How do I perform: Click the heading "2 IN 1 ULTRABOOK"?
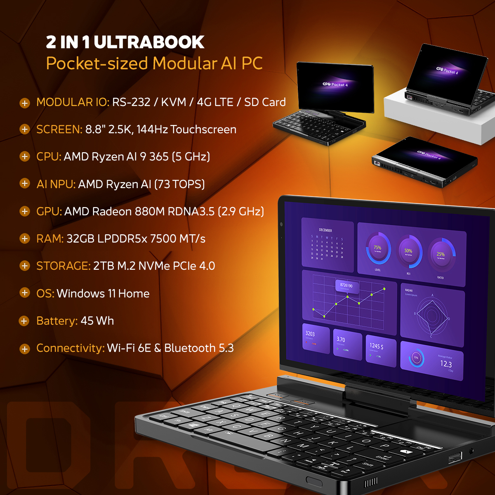[125, 42]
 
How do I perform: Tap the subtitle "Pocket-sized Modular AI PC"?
[154, 64]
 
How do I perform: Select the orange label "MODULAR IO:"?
[73, 102]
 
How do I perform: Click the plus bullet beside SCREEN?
[25, 130]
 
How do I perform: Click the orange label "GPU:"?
[49, 212]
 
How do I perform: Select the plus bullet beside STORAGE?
[25, 266]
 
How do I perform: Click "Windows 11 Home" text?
[103, 294]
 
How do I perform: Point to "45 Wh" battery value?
[97, 321]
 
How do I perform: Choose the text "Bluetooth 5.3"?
[199, 348]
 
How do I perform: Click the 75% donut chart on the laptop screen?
[378, 248]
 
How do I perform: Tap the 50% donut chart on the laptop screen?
[408, 251]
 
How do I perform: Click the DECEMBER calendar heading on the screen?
[325, 230]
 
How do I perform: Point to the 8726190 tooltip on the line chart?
[346, 285]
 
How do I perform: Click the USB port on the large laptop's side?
[455, 456]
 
